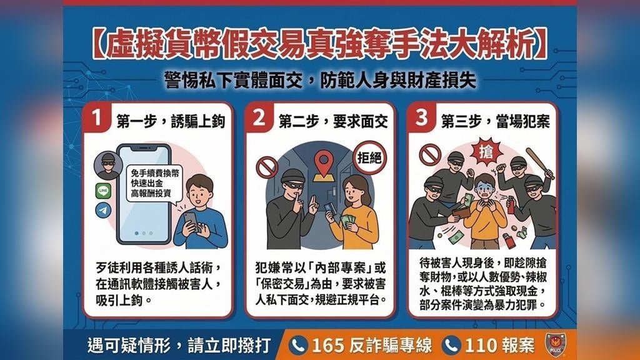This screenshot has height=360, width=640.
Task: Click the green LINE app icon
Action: pyautogui.click(x=103, y=191)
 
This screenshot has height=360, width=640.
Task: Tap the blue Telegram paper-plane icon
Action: pyautogui.click(x=103, y=210)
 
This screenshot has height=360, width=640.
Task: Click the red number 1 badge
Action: pyautogui.click(x=96, y=117)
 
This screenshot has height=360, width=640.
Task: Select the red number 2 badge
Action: pyautogui.click(x=259, y=117)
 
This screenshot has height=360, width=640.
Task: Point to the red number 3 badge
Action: pyautogui.click(x=421, y=117)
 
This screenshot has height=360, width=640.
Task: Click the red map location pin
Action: pyautogui.click(x=324, y=163)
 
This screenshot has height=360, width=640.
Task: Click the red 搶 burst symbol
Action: pyautogui.click(x=485, y=152)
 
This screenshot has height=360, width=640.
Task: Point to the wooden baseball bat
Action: pyautogui.click(x=540, y=163)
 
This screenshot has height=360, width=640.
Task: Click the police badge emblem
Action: pyautogui.click(x=556, y=345)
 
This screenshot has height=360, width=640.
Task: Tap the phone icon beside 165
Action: pyautogui.click(x=298, y=346)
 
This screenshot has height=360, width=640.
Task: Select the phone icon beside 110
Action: pyautogui.click(x=451, y=346)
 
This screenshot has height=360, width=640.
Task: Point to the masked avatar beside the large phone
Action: pyautogui.click(x=108, y=166)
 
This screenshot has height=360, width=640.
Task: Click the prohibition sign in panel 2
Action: pyautogui.click(x=267, y=167)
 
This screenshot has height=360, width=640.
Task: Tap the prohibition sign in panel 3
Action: pyautogui.click(x=430, y=155)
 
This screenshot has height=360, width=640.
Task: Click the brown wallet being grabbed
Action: pyautogui.click(x=462, y=212)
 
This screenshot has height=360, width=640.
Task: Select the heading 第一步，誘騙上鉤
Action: pyautogui.click(x=171, y=121)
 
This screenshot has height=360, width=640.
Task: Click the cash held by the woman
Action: pyautogui.click(x=347, y=222)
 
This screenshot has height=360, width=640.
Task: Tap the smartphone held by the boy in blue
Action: pyautogui.click(x=191, y=221)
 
